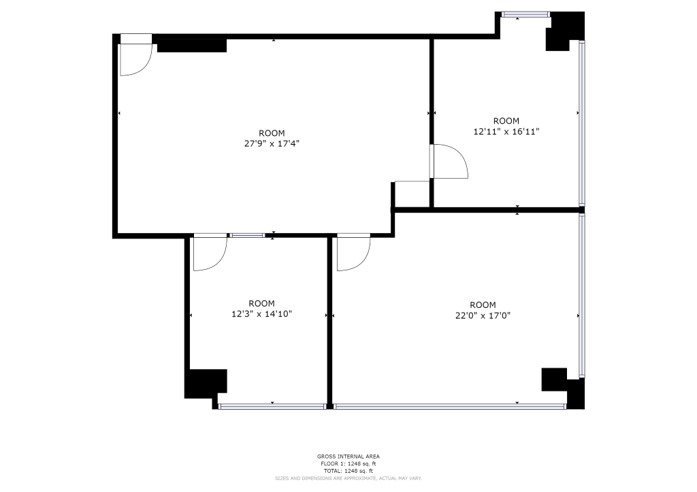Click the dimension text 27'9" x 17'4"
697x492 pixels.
272,143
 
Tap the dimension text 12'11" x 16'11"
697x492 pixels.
506,131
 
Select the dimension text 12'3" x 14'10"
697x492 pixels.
261,314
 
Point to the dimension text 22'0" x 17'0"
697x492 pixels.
483,315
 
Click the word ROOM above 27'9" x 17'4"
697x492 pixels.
272,133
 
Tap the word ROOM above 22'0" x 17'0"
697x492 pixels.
483,305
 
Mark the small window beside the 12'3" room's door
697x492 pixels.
246,236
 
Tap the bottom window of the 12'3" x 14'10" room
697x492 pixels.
272,406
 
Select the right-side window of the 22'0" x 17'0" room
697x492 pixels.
582,296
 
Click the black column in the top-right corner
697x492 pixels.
565,31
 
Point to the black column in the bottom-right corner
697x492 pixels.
564,389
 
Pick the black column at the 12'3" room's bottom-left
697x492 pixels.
205,384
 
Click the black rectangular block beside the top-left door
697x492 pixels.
192,46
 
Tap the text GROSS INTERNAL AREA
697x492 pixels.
348,456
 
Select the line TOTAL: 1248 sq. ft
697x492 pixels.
348,471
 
